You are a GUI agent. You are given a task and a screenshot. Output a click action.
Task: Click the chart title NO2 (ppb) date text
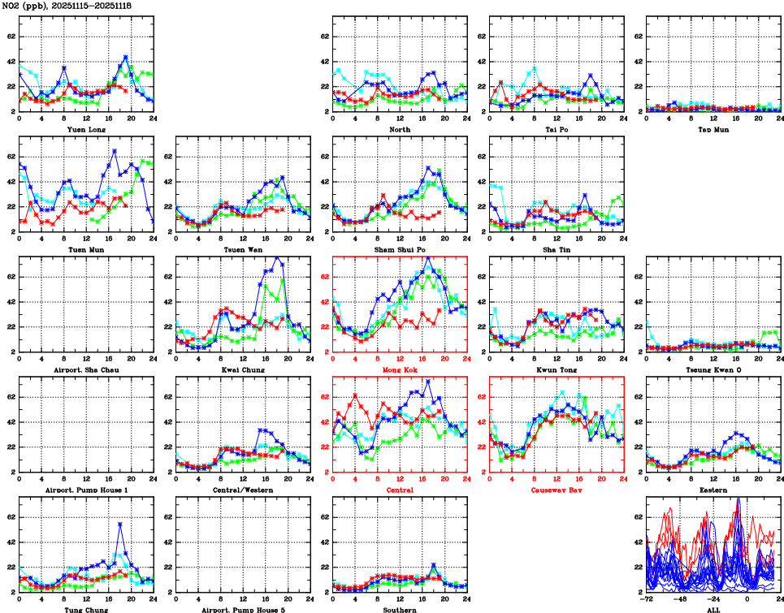coord(67,6)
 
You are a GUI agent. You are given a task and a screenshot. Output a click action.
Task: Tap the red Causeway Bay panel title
coord(556,490)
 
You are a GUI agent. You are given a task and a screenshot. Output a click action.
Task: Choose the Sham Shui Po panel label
coord(400,249)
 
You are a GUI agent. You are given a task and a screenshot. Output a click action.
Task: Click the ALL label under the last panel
coord(713,609)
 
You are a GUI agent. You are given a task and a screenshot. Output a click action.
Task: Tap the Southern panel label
coord(400,609)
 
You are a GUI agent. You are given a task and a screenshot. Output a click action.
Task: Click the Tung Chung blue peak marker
coord(119,525)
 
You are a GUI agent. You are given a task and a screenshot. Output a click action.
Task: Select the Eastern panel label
coord(713,490)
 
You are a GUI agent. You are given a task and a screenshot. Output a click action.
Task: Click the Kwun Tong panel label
coord(556,370)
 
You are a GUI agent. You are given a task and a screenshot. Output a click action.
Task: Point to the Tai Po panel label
coord(556,129)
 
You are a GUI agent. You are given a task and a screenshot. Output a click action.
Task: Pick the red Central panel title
coord(400,490)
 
